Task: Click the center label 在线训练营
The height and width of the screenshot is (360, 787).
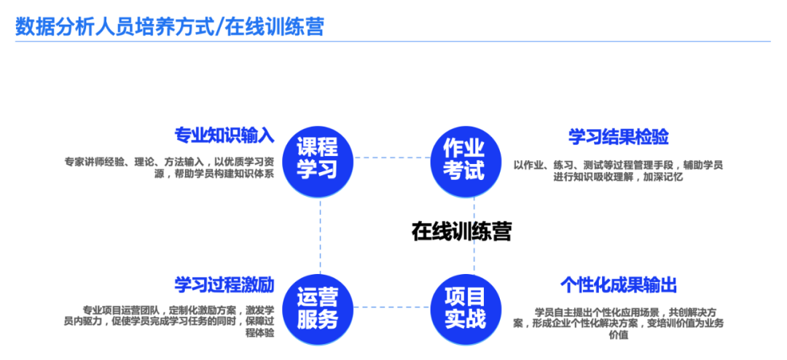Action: [x=461, y=232]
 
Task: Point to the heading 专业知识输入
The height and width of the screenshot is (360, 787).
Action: [x=224, y=136]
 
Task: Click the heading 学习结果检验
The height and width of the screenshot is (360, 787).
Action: [x=619, y=136]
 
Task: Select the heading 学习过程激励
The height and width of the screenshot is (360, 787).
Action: [x=224, y=283]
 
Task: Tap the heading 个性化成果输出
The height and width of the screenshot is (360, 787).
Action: [x=619, y=284]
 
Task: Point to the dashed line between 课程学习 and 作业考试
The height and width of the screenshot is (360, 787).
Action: [x=391, y=157]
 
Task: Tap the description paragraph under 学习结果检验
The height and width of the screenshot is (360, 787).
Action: [x=618, y=171]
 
